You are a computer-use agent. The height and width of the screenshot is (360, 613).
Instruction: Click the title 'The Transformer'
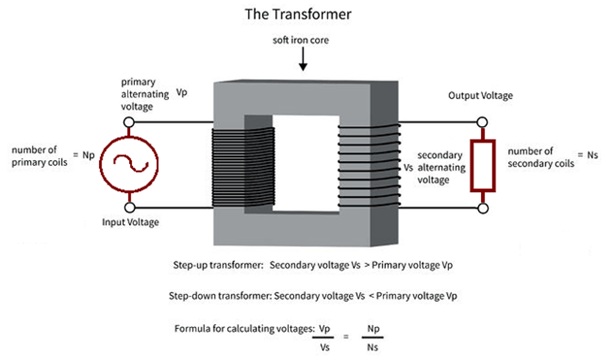point(298,15)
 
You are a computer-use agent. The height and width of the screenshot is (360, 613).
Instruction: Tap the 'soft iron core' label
point(301,40)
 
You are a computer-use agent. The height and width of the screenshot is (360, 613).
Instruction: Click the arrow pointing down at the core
point(302,60)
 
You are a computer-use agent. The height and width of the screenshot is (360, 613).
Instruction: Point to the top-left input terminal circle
point(129,122)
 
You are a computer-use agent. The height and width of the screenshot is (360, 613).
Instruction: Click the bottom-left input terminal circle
point(130,207)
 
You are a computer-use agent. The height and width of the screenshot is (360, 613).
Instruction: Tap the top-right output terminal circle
point(482,122)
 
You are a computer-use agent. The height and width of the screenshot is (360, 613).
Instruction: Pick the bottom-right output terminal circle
point(483,208)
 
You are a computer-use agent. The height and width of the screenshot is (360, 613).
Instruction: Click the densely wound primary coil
point(243,167)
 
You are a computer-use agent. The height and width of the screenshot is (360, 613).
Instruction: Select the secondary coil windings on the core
point(369,166)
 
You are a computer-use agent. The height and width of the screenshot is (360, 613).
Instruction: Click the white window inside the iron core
point(305,163)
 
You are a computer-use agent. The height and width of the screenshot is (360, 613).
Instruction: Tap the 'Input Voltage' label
point(131,222)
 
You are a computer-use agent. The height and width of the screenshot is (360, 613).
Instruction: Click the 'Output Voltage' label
point(480,95)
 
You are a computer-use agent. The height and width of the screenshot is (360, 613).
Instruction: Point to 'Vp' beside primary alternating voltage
point(181,92)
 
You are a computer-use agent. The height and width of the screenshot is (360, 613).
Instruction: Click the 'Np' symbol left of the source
point(89,155)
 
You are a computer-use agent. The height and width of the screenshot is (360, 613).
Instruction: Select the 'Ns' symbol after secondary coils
point(592,155)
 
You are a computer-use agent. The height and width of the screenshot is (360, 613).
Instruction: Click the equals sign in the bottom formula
point(346,336)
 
